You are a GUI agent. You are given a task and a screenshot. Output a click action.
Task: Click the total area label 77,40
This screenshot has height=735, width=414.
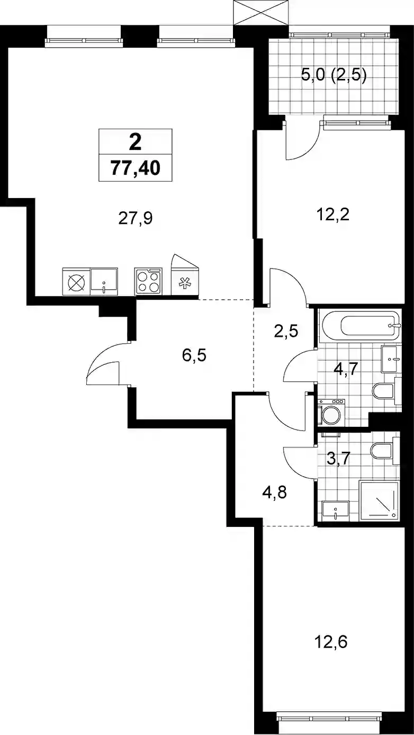(x=136, y=168)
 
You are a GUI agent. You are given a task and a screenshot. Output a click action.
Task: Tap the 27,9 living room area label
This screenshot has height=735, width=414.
(x=136, y=218)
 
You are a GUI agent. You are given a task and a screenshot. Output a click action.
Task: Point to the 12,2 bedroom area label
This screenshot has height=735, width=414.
(x=333, y=215)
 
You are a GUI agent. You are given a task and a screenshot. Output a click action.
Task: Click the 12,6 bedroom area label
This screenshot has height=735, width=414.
(x=331, y=642)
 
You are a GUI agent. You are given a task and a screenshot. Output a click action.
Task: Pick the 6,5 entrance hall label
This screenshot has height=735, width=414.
(x=194, y=355)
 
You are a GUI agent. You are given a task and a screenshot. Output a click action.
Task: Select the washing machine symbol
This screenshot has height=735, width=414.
(x=331, y=413)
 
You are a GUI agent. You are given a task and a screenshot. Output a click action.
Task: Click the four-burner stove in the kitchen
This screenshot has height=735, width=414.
(x=148, y=281)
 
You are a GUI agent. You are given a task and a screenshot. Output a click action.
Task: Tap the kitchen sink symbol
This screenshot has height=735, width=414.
(x=104, y=281)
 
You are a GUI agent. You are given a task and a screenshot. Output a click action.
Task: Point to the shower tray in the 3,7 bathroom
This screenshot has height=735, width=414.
(x=380, y=501)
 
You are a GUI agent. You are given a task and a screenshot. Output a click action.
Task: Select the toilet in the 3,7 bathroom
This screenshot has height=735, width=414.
(x=385, y=451)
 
